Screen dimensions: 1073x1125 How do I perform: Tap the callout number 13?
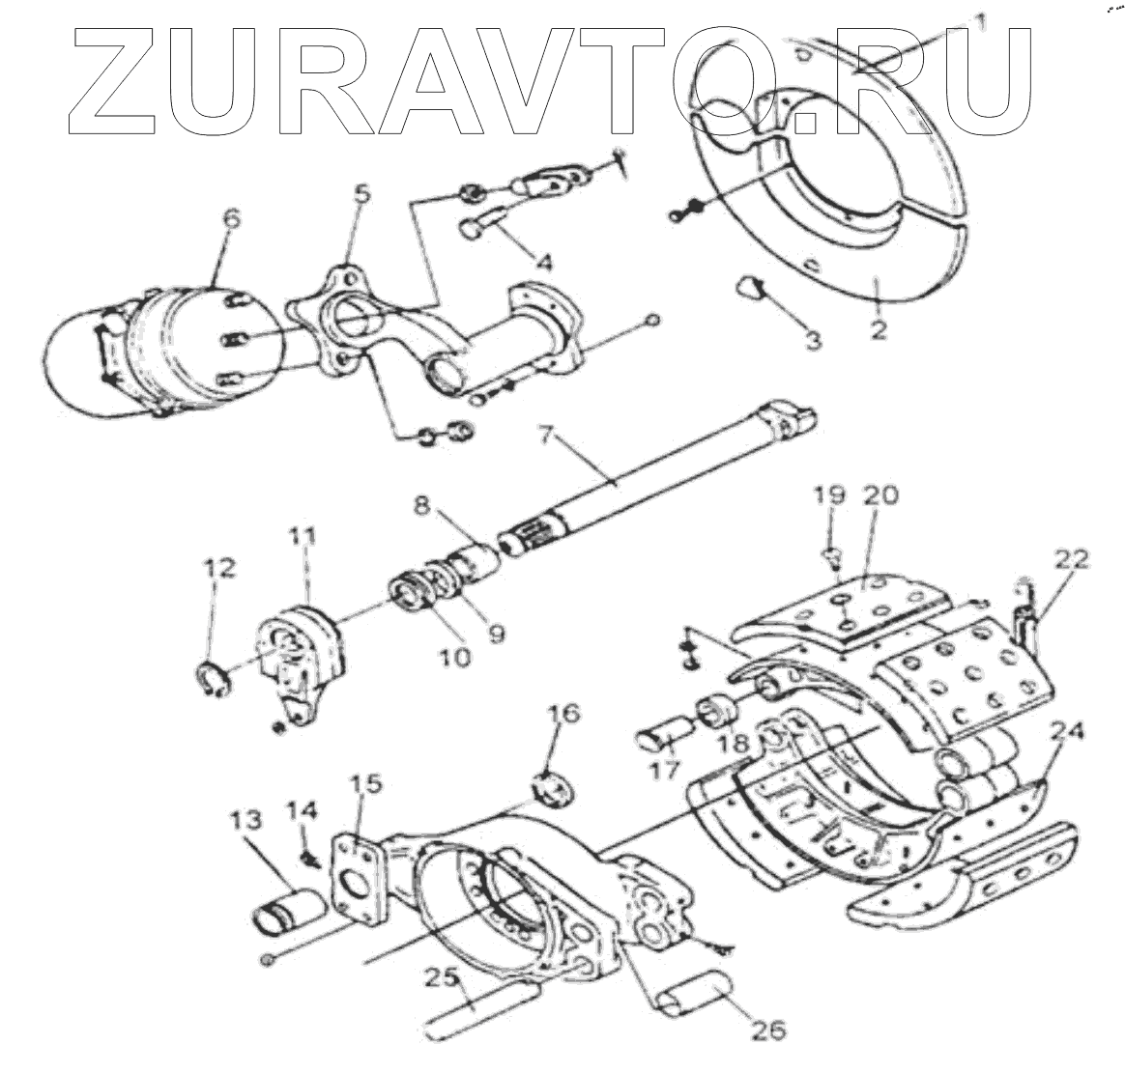(x=245, y=822)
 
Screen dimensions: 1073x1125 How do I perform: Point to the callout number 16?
(x=564, y=715)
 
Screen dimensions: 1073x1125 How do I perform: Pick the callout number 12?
(x=219, y=569)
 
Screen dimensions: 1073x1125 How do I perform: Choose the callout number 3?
(x=814, y=340)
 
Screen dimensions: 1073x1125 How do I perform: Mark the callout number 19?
(x=829, y=495)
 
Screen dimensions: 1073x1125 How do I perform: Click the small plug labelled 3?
(x=750, y=286)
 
